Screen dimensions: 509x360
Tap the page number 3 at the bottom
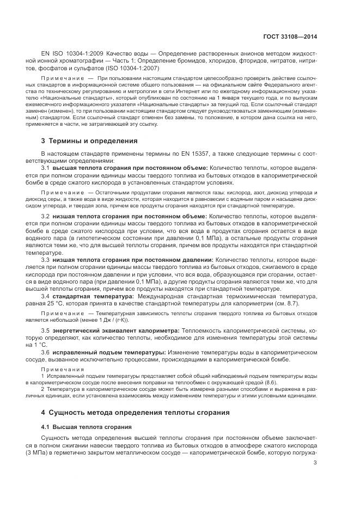[x=315, y=463]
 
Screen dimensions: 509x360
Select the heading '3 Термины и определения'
[x=86, y=140]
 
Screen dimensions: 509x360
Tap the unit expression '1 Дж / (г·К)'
[x=111, y=321]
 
